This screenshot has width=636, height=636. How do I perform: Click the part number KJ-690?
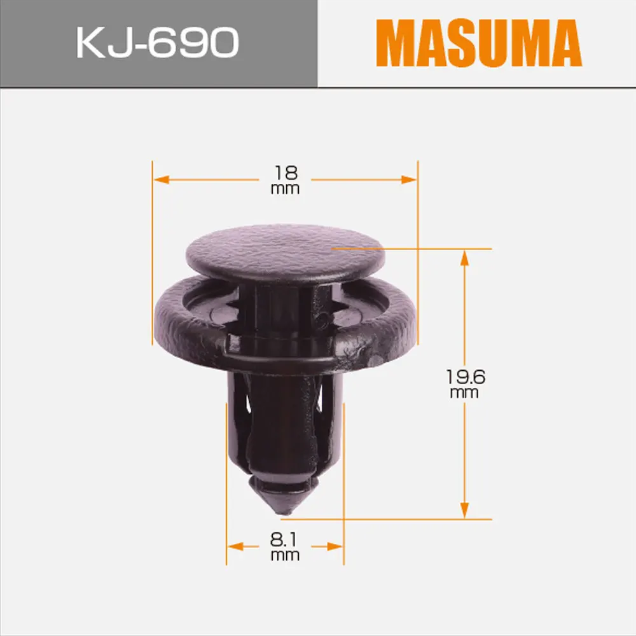coord(157,43)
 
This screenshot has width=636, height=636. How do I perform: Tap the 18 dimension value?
coord(286,172)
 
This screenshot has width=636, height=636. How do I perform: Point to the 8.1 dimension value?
coord(285,540)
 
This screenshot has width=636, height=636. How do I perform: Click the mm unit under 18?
coord(285,189)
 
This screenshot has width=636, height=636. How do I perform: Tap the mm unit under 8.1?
coord(285,556)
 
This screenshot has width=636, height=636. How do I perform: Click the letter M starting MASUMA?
coord(394,43)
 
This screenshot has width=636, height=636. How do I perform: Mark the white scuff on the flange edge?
coord(375,360)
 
